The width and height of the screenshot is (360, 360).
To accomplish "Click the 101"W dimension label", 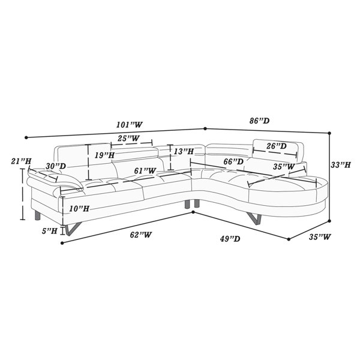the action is pos(130,125).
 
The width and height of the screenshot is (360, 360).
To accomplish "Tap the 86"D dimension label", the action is pos(259,121).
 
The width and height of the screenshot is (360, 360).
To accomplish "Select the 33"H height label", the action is pos(341,164).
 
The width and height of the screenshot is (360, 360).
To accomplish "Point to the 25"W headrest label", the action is pos(128,138).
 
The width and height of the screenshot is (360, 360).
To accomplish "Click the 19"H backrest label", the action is pos(104,155).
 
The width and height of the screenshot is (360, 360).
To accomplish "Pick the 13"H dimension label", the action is pos(184,152).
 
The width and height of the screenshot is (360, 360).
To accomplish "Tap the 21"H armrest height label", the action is pos(21,161).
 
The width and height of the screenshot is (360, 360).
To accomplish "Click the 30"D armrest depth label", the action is pos(56,166).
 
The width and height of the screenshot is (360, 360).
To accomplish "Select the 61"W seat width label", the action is pos(145,170).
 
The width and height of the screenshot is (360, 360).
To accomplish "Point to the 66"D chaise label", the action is pos(233,161).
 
